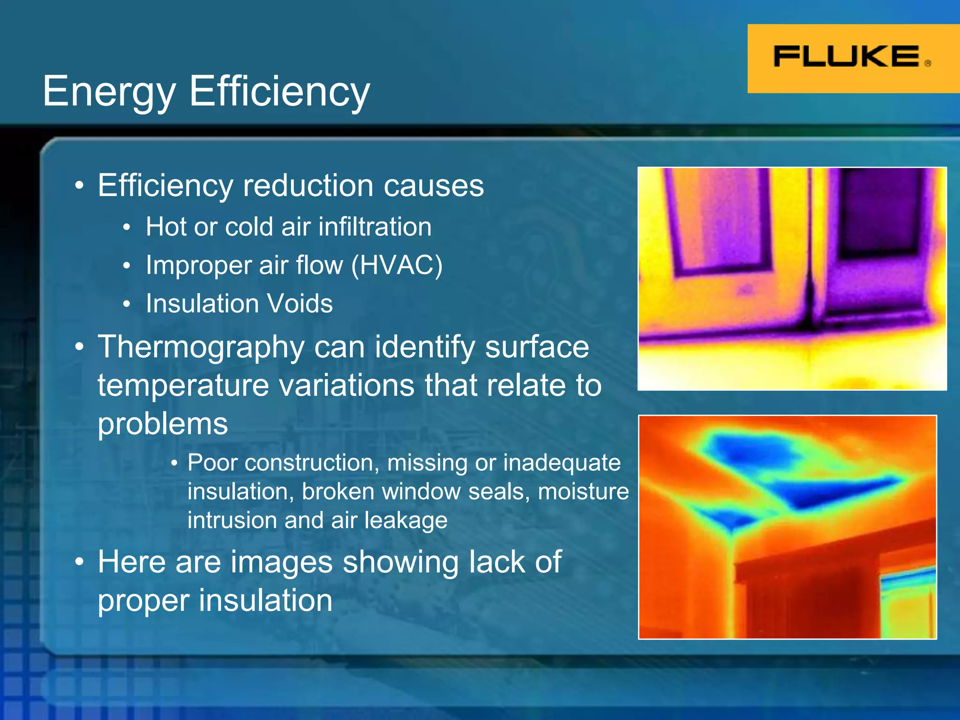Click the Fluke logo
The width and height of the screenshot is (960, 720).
(846, 57)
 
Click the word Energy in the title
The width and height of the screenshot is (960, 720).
(109, 92)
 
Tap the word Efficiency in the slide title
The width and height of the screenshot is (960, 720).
(279, 92)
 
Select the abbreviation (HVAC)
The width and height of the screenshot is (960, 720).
(397, 265)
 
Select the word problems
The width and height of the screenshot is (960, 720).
(163, 424)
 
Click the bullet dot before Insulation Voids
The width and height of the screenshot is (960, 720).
(126, 305)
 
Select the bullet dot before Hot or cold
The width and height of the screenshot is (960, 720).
(126, 228)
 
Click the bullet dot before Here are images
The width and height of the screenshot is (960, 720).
(80, 562)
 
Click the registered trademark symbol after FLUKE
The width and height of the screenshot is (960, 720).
(928, 64)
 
